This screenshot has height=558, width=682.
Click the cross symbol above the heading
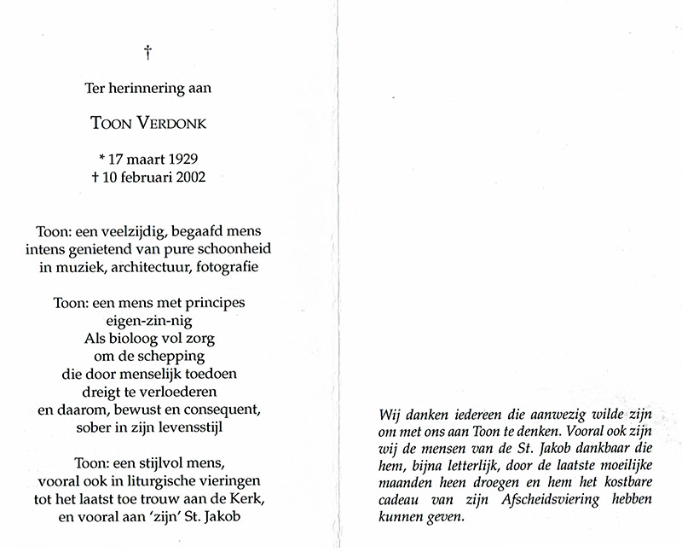tap(148, 53)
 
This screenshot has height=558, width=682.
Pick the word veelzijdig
tap(137, 231)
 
